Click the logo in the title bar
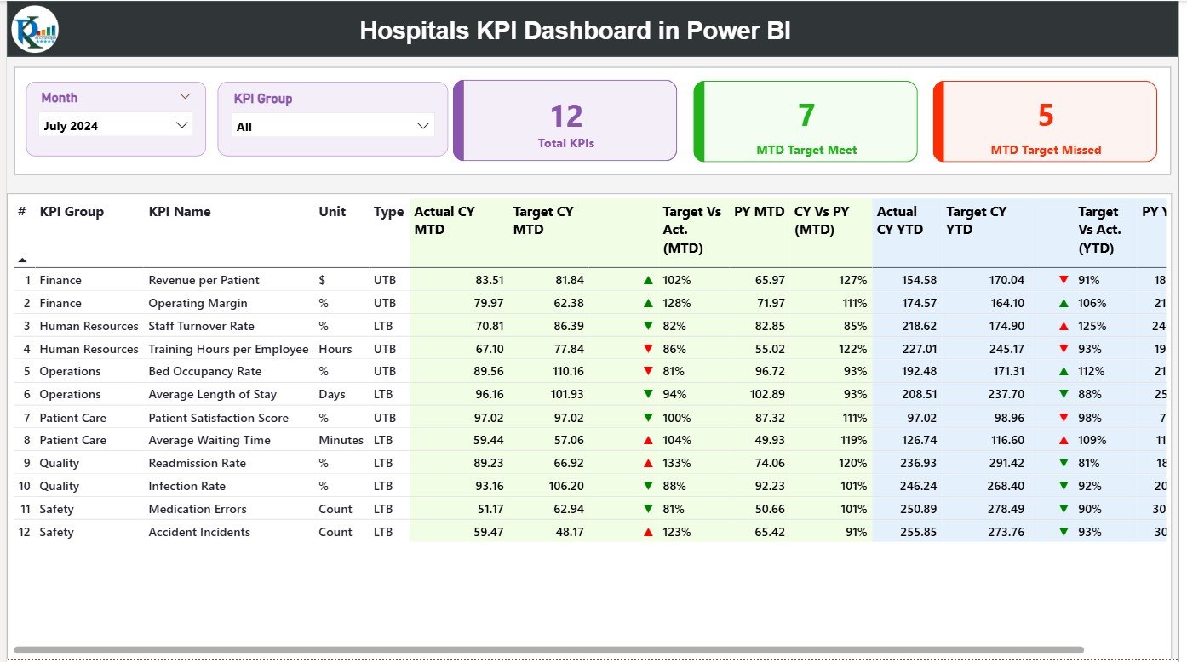pyautogui.click(x=35, y=29)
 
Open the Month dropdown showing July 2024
pyautogui.click(x=116, y=126)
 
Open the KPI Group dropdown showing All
pyautogui.click(x=333, y=127)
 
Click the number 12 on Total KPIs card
pyautogui.click(x=566, y=117)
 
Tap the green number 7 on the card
pyautogui.click(x=806, y=116)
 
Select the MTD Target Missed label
pyautogui.click(x=1046, y=150)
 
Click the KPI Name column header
pyautogui.click(x=179, y=212)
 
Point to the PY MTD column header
pyautogui.click(x=759, y=212)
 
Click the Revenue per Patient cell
pyautogui.click(x=204, y=280)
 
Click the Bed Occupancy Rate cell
pyautogui.click(x=204, y=371)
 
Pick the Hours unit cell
pyautogui.click(x=335, y=349)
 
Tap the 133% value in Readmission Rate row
pyautogui.click(x=677, y=463)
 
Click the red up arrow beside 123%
pyautogui.click(x=648, y=533)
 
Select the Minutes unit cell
pyautogui.click(x=341, y=440)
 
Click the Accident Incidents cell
pyautogui.click(x=199, y=532)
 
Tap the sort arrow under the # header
pyautogui.click(x=22, y=260)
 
